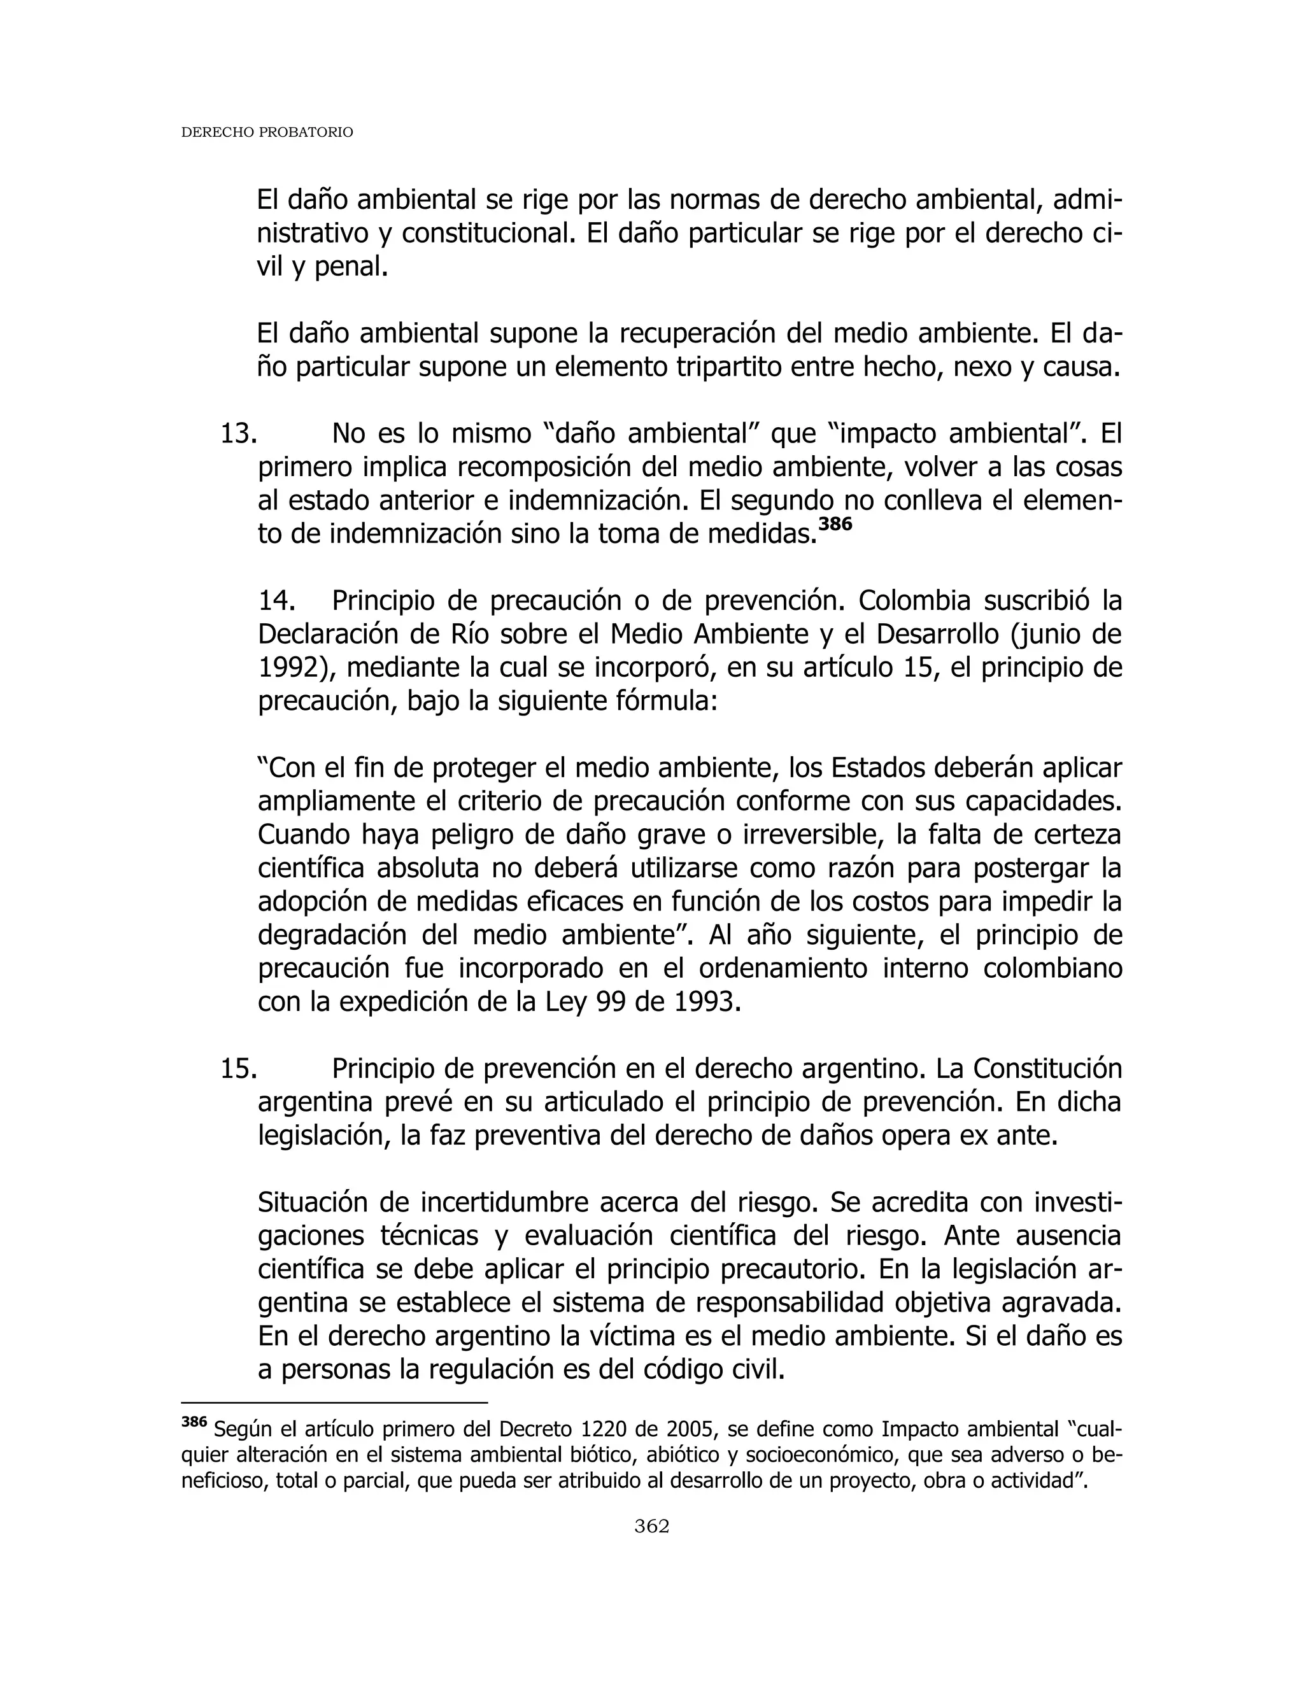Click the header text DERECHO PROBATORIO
267,133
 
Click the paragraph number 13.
237,434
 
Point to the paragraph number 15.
237,1069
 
